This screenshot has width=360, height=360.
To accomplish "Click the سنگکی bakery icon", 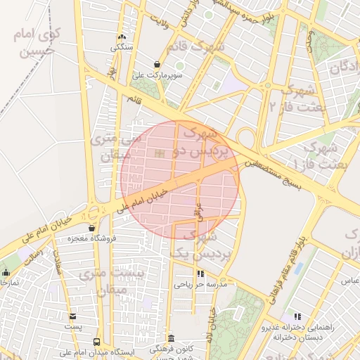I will click(x=122, y=37).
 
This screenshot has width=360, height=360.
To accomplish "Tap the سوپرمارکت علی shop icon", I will click(x=157, y=63).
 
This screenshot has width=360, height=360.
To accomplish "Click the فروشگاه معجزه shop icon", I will click(x=92, y=228).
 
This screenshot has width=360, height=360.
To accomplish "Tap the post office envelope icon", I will click(x=72, y=316).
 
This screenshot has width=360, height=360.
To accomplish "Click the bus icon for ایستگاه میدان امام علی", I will click(x=96, y=342).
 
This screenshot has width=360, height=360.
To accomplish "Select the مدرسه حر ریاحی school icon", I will click(x=200, y=274).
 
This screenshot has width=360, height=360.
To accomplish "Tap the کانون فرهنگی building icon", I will click(x=172, y=338).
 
